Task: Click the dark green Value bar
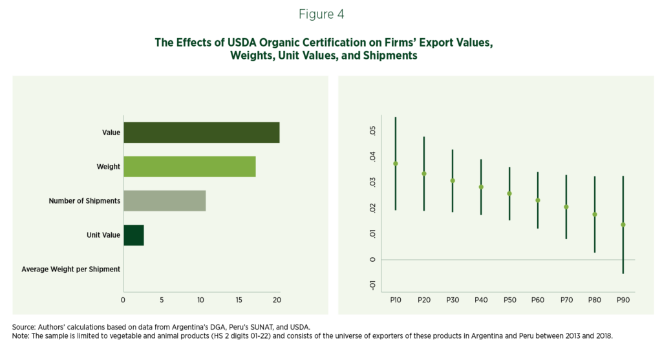click(x=201, y=132)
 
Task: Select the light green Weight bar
click(x=189, y=167)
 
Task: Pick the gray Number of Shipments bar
click(x=164, y=201)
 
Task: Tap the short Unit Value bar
click(x=133, y=235)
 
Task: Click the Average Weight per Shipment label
click(x=71, y=270)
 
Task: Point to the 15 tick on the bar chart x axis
click(x=239, y=300)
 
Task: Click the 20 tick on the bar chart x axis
click(x=277, y=300)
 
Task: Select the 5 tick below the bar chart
click(x=162, y=300)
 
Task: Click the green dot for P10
click(x=396, y=164)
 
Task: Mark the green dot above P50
click(x=509, y=194)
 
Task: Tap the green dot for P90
click(x=623, y=225)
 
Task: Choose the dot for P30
click(x=453, y=181)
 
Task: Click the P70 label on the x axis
click(x=566, y=300)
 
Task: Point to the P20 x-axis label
click(x=424, y=300)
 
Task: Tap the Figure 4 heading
click(x=330, y=14)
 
